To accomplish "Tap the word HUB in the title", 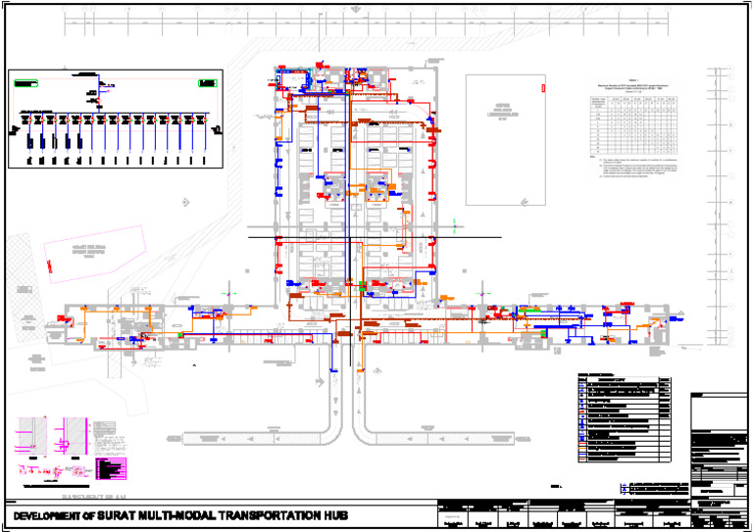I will (330, 515).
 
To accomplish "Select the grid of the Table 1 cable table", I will (634, 121).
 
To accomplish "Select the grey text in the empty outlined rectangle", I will (504, 110).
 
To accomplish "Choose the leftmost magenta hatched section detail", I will (29, 437).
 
